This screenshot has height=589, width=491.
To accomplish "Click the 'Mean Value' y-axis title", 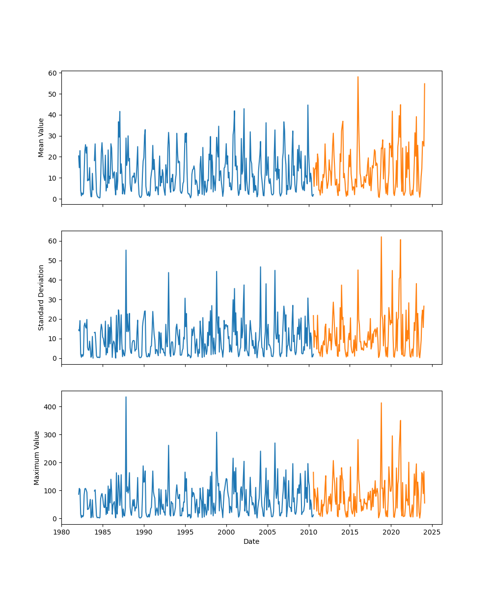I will click(41, 137).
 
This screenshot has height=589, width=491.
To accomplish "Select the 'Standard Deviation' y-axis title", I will click(41, 297).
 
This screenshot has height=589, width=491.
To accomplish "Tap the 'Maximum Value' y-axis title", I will click(37, 457).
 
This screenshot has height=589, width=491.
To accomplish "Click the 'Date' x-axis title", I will click(251, 541).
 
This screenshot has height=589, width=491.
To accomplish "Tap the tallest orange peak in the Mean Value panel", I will click(358, 77).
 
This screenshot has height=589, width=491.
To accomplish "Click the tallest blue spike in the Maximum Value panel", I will click(126, 397).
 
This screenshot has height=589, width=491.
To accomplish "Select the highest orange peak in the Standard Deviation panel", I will click(381, 237).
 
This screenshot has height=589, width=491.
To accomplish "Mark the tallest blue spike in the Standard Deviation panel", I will click(126, 250).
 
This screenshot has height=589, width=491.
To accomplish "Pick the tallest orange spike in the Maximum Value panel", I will click(381, 403).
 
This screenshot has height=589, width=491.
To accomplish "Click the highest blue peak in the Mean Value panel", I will click(308, 105).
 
